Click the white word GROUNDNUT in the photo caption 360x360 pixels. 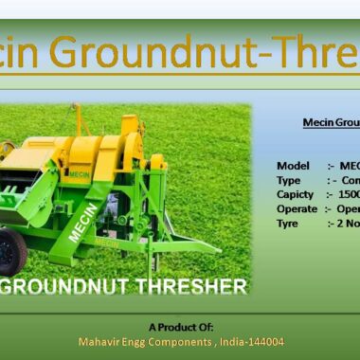[75, 285]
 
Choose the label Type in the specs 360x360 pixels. [288, 180]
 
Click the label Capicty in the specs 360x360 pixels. [295, 194]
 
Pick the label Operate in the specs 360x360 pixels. [297, 208]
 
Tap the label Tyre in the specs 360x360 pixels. [287, 223]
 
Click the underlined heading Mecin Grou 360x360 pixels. [331, 122]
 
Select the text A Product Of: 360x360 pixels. [180, 326]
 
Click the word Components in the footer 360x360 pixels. [177, 341]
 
